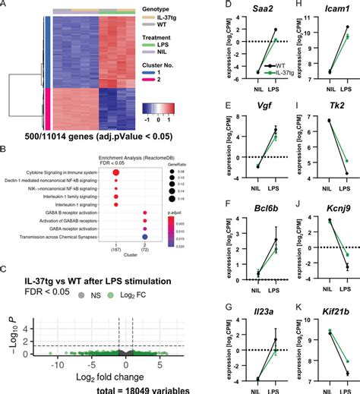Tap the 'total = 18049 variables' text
(x=134, y=386)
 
